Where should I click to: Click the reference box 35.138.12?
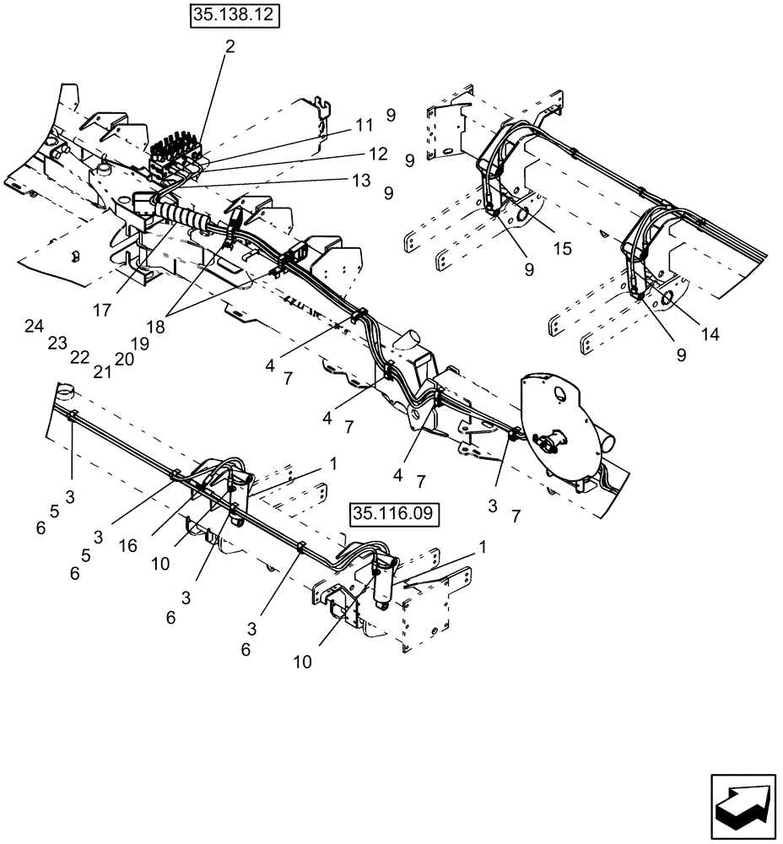(234, 16)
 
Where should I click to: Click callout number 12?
(378, 154)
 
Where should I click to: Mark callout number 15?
(562, 249)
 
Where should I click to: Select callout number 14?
(710, 334)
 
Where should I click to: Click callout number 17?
(102, 311)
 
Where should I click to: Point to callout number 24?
(34, 327)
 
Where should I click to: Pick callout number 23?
(57, 343)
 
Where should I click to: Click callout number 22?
(79, 357)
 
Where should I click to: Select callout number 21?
(102, 371)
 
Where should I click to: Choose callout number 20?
(124, 359)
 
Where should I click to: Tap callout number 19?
(140, 344)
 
